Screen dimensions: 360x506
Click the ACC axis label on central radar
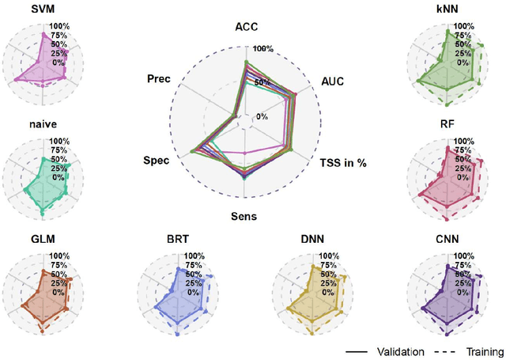(247, 27)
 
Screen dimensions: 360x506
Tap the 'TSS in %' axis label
(345, 162)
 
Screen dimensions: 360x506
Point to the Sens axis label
(244, 216)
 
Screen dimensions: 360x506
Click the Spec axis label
(156, 161)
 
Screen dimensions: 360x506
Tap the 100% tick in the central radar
(263, 49)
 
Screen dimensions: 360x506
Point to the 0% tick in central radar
(261, 117)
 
